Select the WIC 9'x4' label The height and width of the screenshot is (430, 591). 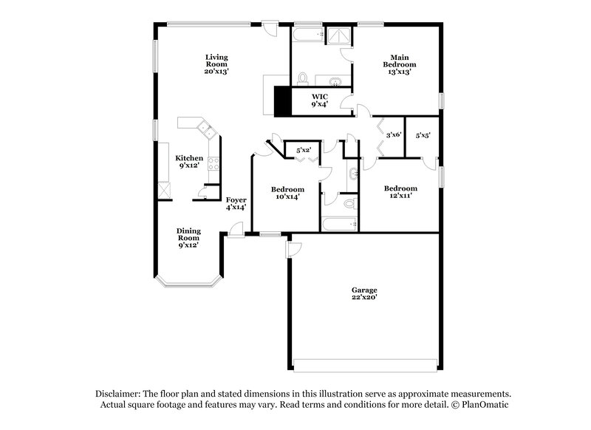coord(320,100)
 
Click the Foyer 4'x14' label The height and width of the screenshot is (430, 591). coord(236,203)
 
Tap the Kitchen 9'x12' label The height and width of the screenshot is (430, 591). coord(188,162)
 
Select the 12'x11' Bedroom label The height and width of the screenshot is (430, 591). coord(400,192)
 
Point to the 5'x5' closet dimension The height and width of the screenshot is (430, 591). coord(423,135)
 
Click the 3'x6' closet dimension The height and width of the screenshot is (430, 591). coord(393,135)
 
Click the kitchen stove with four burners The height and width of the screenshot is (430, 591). coord(215,164)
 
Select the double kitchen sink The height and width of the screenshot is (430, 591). coord(206,133)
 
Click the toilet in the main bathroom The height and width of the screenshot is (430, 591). coord(302,79)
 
